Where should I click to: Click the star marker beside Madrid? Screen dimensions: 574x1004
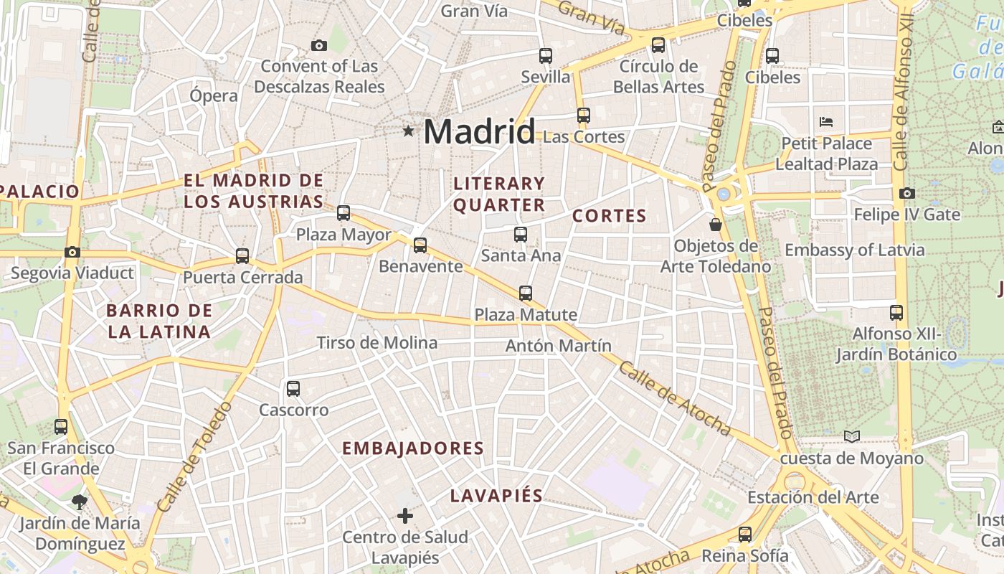(x=408, y=131)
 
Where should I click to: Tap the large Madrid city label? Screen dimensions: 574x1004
(x=479, y=132)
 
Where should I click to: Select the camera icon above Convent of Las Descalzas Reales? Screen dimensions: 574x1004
(x=319, y=46)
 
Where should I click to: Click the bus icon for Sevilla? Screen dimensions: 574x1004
(x=546, y=55)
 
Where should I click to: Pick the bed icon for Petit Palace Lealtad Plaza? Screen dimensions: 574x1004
(x=826, y=121)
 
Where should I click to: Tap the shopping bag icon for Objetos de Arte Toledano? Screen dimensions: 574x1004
(x=715, y=225)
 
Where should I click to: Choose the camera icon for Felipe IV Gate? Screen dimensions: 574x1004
(x=906, y=193)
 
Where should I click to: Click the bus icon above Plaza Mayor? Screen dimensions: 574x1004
(x=344, y=212)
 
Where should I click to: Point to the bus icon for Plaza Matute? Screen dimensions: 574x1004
(x=526, y=293)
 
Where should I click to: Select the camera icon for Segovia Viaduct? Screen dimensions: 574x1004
(x=72, y=252)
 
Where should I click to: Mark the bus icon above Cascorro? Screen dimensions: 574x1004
(x=293, y=389)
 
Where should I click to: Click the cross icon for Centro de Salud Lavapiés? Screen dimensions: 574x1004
(x=405, y=515)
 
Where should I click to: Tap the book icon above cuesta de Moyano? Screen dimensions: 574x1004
(x=851, y=436)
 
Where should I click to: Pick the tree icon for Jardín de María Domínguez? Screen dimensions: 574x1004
(x=79, y=502)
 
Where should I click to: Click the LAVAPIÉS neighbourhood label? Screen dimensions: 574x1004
(x=496, y=496)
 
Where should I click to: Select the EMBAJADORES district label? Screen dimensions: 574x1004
(x=413, y=448)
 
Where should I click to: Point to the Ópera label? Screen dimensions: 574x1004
(x=214, y=95)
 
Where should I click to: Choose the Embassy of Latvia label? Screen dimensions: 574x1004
(x=854, y=250)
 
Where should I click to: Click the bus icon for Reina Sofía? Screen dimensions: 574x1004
(x=745, y=535)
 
